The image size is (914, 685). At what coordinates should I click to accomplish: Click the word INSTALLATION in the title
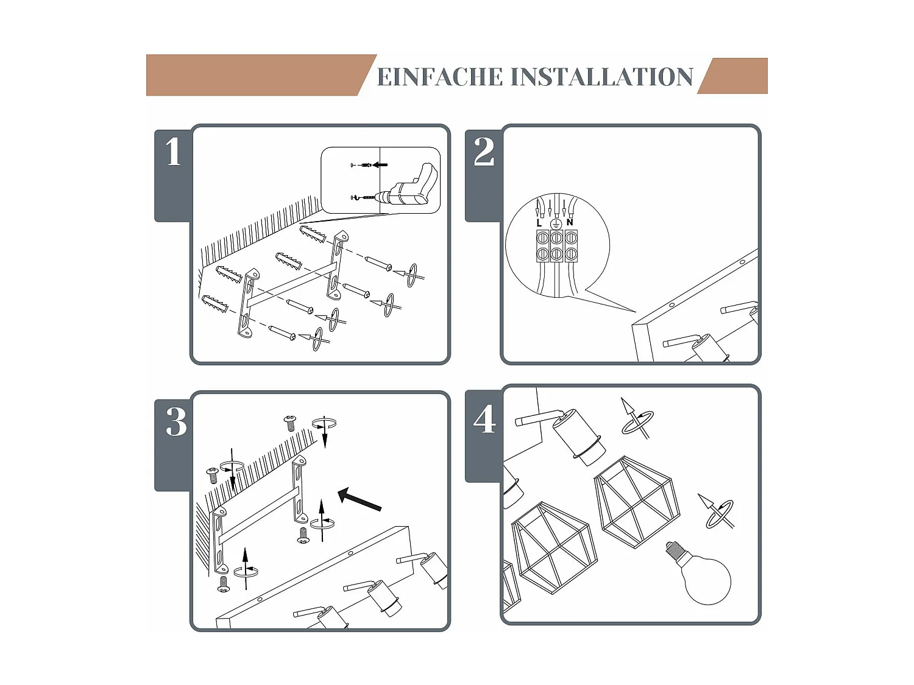(602, 77)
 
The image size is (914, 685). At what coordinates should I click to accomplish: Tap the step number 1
(174, 152)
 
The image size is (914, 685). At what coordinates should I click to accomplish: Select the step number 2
(484, 152)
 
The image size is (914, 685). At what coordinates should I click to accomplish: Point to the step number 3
(176, 421)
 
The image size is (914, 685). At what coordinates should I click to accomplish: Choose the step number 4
(485, 420)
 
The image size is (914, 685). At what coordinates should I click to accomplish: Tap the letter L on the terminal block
(539, 223)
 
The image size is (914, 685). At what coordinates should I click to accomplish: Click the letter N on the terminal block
(570, 222)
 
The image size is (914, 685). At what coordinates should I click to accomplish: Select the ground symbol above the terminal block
(556, 224)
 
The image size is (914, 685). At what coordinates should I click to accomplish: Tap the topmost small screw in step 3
(290, 422)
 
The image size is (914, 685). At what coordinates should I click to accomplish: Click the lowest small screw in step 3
(223, 585)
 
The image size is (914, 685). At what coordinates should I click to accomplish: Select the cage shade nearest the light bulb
(637, 501)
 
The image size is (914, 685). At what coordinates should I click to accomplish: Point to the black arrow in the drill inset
(380, 164)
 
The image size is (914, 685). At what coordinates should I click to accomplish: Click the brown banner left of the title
(256, 75)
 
